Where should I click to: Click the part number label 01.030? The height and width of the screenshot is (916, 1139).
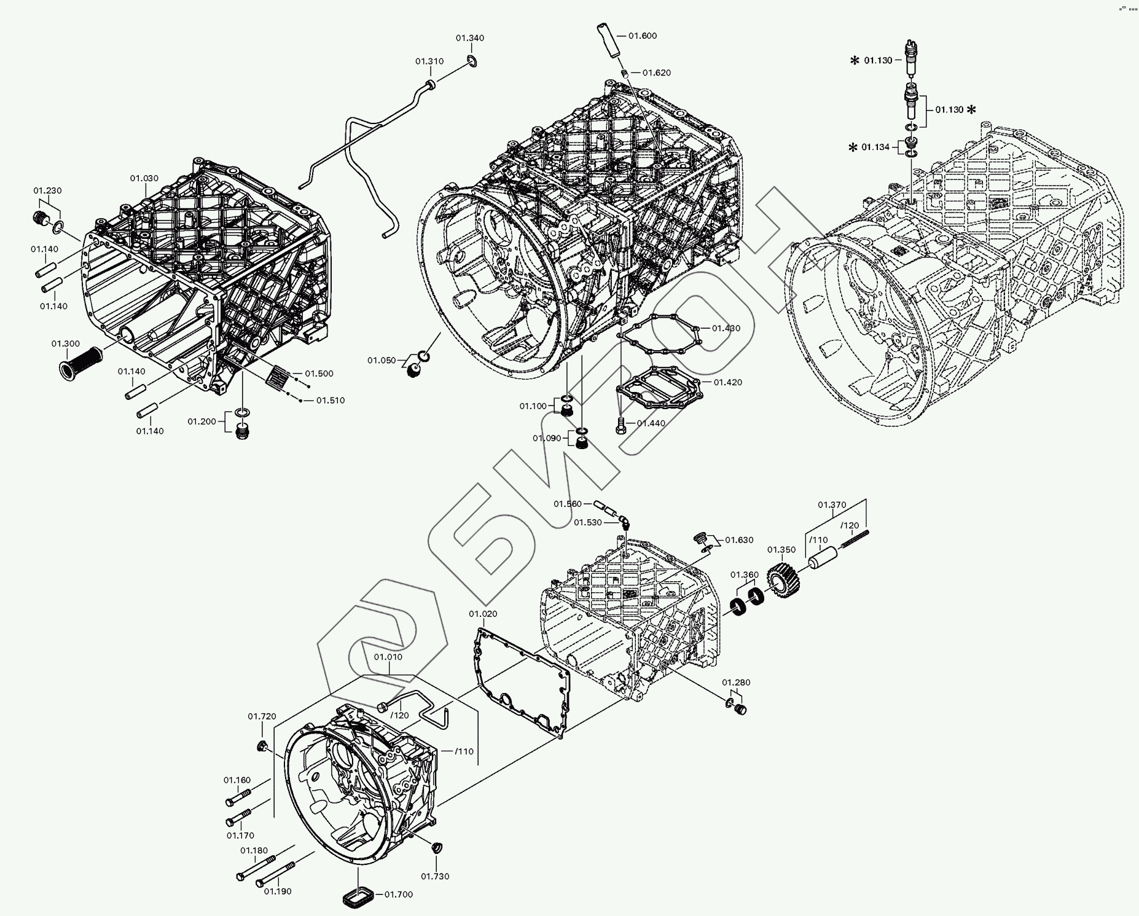click(144, 178)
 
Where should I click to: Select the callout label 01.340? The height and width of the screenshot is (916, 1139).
click(470, 38)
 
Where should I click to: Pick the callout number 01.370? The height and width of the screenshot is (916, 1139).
click(832, 505)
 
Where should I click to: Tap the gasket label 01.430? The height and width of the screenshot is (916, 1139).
click(726, 328)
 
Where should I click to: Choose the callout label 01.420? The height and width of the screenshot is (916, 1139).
click(728, 382)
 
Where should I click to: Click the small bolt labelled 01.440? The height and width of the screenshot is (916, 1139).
click(622, 423)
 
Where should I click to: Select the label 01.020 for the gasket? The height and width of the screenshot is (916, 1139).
click(483, 614)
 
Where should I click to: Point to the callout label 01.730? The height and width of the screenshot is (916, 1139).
click(435, 876)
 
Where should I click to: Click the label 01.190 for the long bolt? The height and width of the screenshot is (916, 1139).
click(277, 891)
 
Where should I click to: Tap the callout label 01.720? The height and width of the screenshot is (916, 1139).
click(262, 716)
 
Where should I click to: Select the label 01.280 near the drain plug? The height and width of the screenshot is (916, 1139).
click(736, 683)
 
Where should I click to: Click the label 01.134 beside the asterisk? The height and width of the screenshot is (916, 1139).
click(875, 147)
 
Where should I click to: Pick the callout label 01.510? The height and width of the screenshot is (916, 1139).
click(331, 401)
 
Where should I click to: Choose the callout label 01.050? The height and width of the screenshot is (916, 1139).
click(382, 360)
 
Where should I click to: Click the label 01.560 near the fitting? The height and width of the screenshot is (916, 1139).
click(568, 504)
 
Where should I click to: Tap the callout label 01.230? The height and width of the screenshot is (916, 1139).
click(47, 190)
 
